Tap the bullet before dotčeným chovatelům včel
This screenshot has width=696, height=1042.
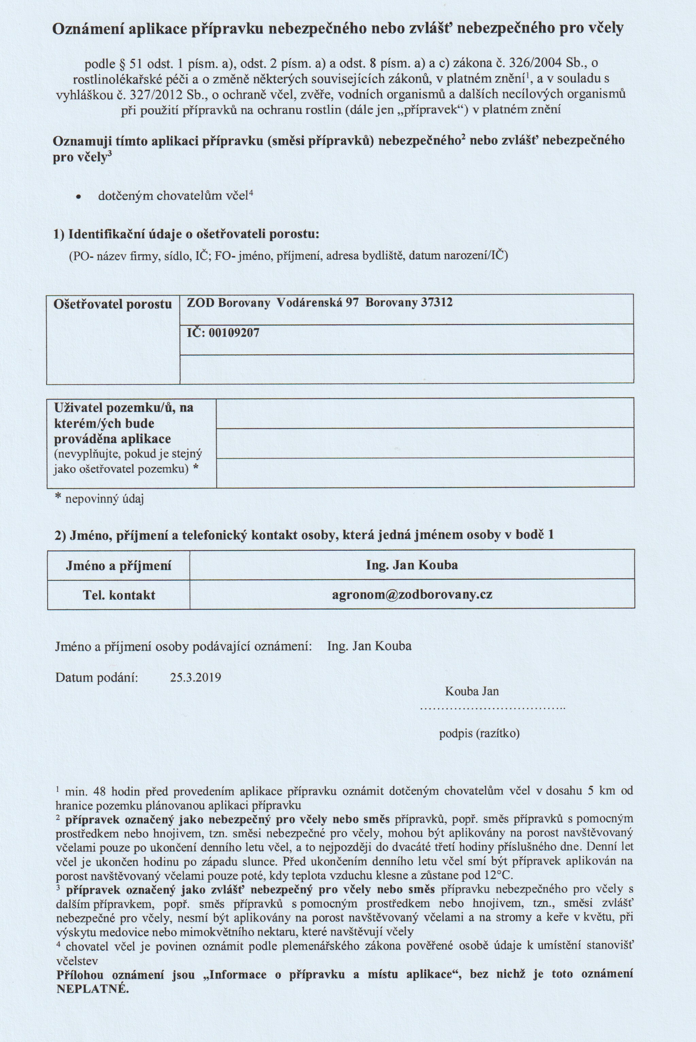click(x=79, y=197)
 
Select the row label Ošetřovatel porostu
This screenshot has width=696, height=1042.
click(x=113, y=304)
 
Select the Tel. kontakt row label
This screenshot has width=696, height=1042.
click(x=119, y=595)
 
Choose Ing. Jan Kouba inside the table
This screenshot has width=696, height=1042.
click(x=412, y=565)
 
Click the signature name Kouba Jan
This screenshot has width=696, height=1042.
click(x=471, y=691)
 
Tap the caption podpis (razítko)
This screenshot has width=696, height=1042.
click(x=479, y=733)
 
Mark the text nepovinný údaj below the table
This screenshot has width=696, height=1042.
click(x=104, y=499)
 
